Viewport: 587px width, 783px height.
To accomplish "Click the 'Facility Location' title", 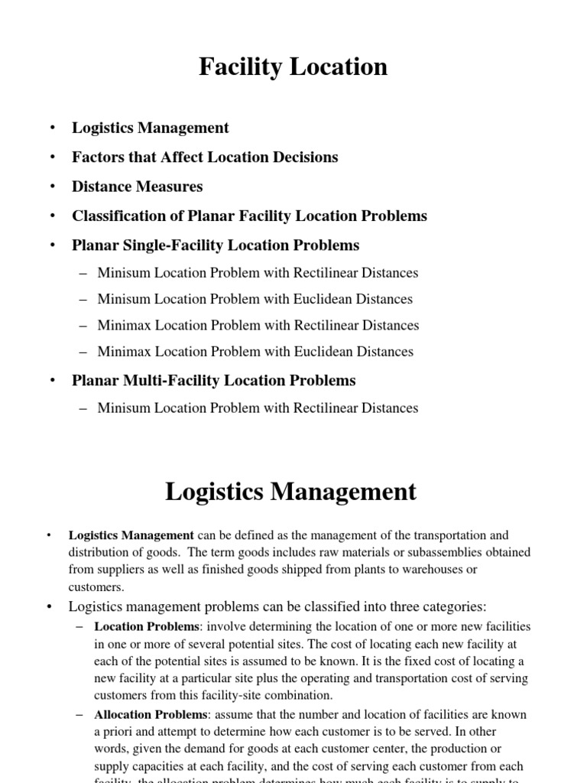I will (x=293, y=67).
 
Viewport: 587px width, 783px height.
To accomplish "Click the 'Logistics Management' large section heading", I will (x=291, y=492).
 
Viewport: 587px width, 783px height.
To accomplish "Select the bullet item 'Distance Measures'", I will (x=138, y=187).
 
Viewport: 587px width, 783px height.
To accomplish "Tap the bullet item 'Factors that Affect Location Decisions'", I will (x=205, y=158).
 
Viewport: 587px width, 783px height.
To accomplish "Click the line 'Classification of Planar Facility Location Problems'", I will (x=249, y=216).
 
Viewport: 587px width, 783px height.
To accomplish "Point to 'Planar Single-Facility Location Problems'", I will (x=216, y=245).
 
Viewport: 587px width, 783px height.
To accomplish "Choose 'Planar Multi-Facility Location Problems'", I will (x=214, y=380).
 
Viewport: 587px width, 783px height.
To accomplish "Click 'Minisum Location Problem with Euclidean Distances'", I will (x=255, y=299).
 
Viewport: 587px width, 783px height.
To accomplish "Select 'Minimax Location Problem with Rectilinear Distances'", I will (x=258, y=326).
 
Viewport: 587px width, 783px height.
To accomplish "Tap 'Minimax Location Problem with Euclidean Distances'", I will (x=255, y=352).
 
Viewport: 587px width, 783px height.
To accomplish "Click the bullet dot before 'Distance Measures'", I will (x=52, y=187).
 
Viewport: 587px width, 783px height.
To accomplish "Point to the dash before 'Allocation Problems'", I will (x=80, y=714).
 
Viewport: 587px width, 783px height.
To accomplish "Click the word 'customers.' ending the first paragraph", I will (x=96, y=587).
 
